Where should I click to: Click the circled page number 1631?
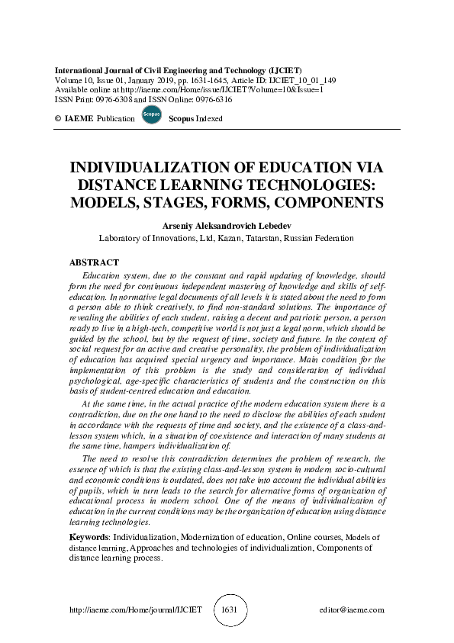point(229,610)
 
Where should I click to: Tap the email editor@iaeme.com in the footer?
point(352,610)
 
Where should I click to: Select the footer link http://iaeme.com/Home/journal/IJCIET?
point(135,610)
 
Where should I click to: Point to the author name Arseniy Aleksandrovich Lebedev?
point(227,226)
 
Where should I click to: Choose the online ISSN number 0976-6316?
point(211,99)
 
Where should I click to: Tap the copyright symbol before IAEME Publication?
point(59,120)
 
